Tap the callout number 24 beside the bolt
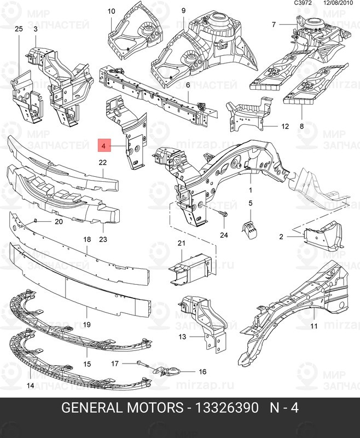tap(223, 235)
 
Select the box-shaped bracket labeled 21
tap(191, 268)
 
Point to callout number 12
tap(284, 126)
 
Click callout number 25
tap(18, 28)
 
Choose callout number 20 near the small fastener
tap(59, 222)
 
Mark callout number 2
tap(281, 237)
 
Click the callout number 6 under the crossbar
tap(187, 85)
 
